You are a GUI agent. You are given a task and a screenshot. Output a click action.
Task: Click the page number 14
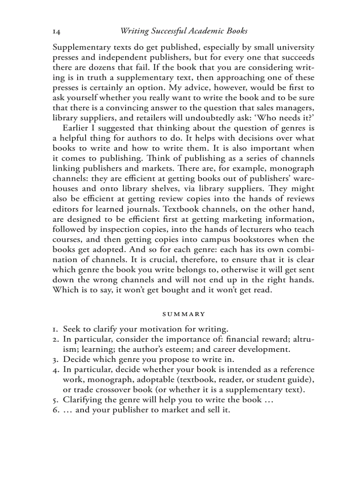point(56,31)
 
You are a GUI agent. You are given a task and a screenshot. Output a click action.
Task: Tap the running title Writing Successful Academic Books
point(184,31)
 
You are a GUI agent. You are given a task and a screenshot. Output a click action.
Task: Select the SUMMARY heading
point(184,314)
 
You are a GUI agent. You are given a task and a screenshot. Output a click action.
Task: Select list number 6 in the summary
point(56,410)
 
